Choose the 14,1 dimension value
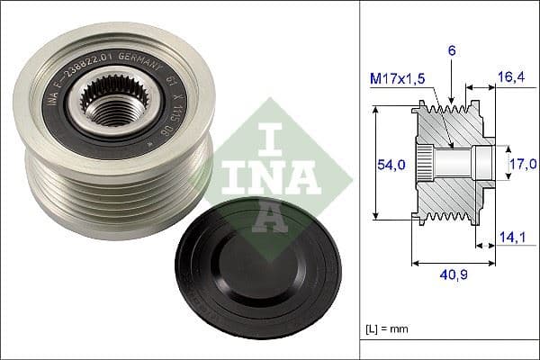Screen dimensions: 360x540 (x=509, y=238)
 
